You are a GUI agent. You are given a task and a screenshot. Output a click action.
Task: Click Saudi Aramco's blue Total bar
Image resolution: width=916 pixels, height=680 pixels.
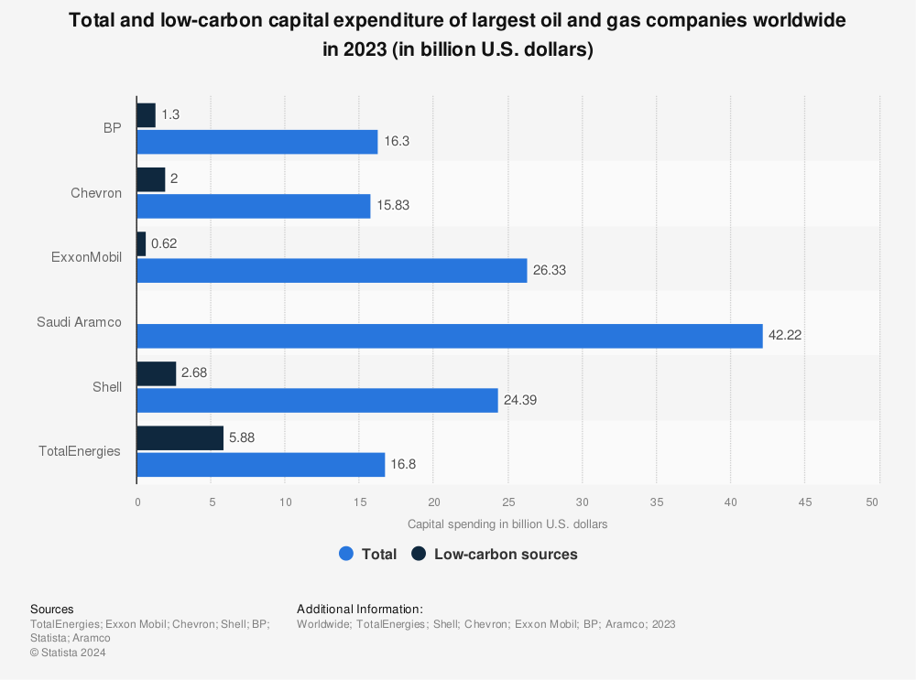coord(449,336)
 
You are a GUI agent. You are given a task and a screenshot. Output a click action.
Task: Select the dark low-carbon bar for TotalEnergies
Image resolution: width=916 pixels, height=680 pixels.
coord(180,438)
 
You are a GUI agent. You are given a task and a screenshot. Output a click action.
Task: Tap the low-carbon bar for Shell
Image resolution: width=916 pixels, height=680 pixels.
coord(156,373)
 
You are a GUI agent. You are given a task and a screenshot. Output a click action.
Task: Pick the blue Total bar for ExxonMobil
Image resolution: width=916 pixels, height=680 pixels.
coord(332,271)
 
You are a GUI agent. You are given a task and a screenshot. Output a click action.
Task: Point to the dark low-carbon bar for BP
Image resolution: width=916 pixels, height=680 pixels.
coord(146,115)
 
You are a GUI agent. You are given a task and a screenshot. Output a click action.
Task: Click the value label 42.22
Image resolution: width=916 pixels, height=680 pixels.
coord(785,336)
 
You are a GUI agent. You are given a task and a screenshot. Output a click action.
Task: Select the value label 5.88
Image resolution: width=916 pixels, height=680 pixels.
coord(242,438)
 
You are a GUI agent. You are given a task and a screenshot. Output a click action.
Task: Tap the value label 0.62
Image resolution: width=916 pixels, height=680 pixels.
coord(165,244)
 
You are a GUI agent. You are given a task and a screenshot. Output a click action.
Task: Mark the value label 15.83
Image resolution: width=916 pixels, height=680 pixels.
coord(392,206)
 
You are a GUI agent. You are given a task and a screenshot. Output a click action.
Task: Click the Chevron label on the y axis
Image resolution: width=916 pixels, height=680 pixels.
coord(96,193)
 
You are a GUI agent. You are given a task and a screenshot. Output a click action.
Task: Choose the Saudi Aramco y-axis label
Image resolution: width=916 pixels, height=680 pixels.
coord(79,322)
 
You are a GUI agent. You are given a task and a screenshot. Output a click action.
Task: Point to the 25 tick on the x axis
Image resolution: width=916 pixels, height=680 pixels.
coord(508,502)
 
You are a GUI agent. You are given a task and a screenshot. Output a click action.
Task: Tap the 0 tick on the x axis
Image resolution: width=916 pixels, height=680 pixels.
coord(137,502)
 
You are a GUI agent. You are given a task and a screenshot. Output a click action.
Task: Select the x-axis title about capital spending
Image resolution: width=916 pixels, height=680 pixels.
coord(507,524)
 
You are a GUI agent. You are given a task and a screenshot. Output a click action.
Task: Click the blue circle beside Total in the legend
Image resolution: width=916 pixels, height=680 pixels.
coord(346,554)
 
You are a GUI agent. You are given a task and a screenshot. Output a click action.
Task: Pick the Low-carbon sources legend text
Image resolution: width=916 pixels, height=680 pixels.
coord(506,554)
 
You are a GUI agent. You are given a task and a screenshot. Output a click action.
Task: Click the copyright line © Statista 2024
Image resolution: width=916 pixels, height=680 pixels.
coord(68,653)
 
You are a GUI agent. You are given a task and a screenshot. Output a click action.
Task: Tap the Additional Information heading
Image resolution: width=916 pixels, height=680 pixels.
coord(359,609)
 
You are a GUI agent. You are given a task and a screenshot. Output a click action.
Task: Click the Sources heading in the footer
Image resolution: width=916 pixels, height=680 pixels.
coord(52,609)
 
